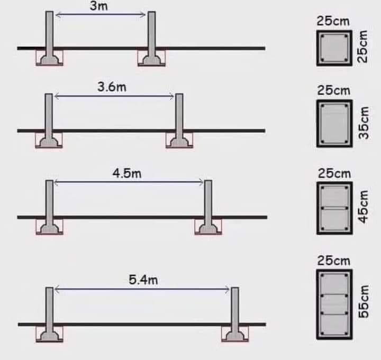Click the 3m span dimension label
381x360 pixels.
point(99,6)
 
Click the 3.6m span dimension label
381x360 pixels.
point(112,87)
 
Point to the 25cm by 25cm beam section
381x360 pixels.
point(334,48)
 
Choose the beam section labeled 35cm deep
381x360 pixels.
point(334,123)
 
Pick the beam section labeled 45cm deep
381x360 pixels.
point(334,208)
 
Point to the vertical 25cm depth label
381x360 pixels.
point(363,47)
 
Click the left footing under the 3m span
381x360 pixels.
point(49,59)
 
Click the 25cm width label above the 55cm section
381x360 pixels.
point(334,261)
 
